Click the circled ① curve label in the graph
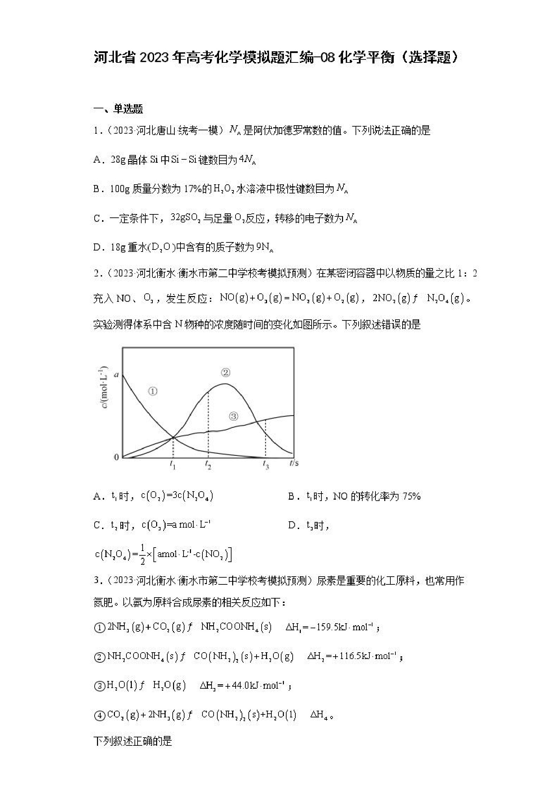(152, 391)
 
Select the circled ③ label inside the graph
(234, 416)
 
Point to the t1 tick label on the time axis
(173, 465)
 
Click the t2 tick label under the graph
(208, 465)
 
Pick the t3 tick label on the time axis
(266, 465)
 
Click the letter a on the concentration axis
(116, 374)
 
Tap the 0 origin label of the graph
(116, 457)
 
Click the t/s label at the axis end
(294, 463)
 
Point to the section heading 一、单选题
(118, 109)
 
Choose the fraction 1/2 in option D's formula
(143, 554)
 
